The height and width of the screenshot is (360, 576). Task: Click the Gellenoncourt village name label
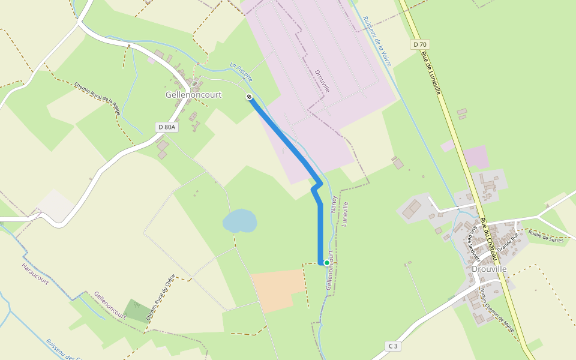pos(194,95)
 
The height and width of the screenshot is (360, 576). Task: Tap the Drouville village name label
pos(489,269)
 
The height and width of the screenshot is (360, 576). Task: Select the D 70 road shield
pos(419,44)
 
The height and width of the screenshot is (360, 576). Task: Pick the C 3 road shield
pos(393,346)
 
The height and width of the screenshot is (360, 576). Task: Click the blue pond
pos(239,221)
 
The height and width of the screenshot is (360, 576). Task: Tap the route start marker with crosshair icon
pos(248,97)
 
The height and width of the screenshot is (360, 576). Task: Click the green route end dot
pos(326,262)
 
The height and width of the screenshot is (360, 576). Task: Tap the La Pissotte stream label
pos(241,72)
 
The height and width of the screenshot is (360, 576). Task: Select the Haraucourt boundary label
pos(34,274)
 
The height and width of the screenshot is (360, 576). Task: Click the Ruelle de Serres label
pos(545,236)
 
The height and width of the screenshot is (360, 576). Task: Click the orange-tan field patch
pos(277,290)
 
